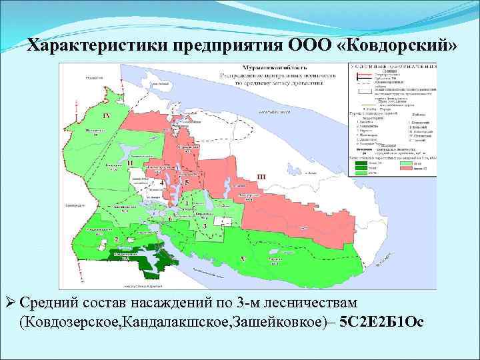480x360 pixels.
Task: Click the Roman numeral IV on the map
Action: coord(107,115)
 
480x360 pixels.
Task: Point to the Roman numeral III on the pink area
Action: coord(261,175)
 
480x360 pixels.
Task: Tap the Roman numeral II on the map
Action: coord(131,163)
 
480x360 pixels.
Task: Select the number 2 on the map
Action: coord(117,239)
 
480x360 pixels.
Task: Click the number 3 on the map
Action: coord(205,227)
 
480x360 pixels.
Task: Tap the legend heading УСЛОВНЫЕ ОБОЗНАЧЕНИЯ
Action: coord(393,67)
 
